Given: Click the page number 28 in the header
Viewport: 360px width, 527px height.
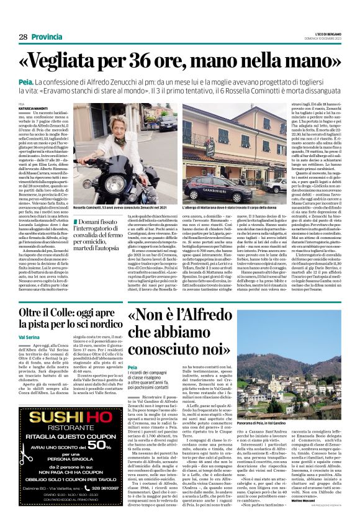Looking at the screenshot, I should tap(23, 37).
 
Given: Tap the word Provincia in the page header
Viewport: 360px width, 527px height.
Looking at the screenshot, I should tap(47, 37).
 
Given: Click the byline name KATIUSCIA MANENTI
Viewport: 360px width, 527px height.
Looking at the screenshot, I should tap(37, 108).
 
